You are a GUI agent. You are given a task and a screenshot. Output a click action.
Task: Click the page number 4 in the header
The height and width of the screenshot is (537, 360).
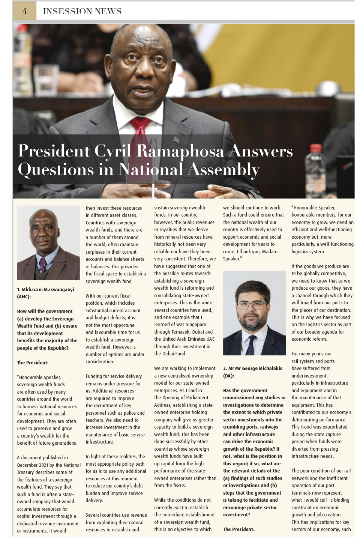(x=25, y=11)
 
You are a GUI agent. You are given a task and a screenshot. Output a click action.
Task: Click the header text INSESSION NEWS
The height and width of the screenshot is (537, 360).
(x=82, y=11)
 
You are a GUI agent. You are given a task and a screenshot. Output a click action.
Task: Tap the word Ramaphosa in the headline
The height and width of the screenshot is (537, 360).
(x=180, y=151)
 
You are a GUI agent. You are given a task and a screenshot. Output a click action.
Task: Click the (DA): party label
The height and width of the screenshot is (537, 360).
(x=228, y=376)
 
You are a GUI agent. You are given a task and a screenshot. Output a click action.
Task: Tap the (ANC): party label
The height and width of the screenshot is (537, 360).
(x=24, y=296)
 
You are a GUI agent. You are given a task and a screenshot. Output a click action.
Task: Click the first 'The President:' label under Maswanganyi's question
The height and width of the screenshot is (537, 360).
(x=33, y=363)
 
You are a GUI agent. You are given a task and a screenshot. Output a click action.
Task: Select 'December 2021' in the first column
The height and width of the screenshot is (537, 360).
(x=32, y=465)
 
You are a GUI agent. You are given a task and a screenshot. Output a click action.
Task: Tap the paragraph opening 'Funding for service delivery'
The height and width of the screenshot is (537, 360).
(x=114, y=376)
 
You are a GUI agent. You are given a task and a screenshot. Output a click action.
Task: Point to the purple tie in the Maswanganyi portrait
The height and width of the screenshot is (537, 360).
(x=43, y=265)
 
